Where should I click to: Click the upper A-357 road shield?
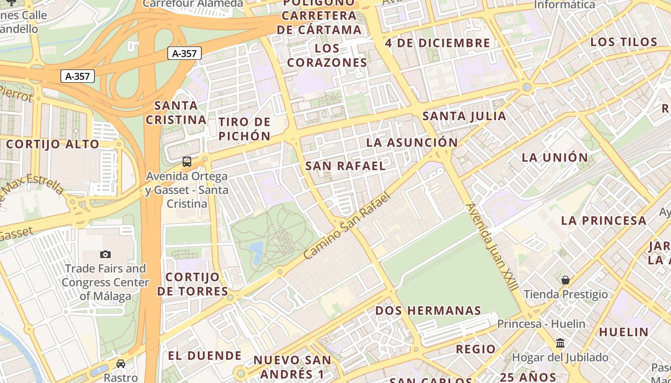[185, 54]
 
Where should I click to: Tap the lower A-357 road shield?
[78, 76]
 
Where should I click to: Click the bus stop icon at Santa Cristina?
[187, 162]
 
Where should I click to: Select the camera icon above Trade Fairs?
[105, 254]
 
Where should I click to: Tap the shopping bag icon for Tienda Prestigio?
[566, 280]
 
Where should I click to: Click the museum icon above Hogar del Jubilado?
[560, 343]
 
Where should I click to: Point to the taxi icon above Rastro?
[121, 364]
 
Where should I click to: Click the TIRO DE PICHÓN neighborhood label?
[244, 129]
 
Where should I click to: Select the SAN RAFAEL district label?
[346, 166]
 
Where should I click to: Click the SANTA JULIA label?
[464, 116]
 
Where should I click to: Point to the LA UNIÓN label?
[555, 157]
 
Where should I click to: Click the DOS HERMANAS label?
[428, 310]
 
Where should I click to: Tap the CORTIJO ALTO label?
[53, 144]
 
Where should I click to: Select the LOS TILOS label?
[624, 42]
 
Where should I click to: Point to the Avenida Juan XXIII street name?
[492, 247]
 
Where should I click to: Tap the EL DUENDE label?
[205, 355]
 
